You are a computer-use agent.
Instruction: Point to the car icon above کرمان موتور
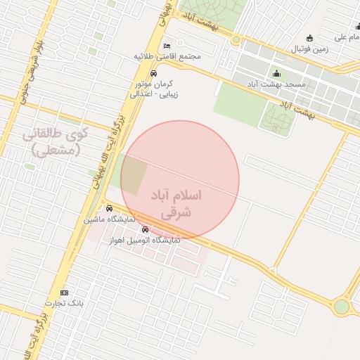pos(153,73)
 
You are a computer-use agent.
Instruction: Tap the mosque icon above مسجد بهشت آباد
pos(276,74)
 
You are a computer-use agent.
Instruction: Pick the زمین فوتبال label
pos(310,49)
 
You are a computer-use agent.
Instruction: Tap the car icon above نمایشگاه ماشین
pos(109,209)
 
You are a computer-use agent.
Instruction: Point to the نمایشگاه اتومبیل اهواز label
pos(145,240)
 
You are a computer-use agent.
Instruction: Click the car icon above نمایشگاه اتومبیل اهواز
pos(146,230)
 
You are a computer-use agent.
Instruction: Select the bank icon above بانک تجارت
pos(65,292)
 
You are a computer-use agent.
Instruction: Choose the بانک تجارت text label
pos(65,303)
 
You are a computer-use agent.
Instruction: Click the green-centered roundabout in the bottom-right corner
pos(341,307)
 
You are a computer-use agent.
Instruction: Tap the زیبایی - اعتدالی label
pos(155,93)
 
